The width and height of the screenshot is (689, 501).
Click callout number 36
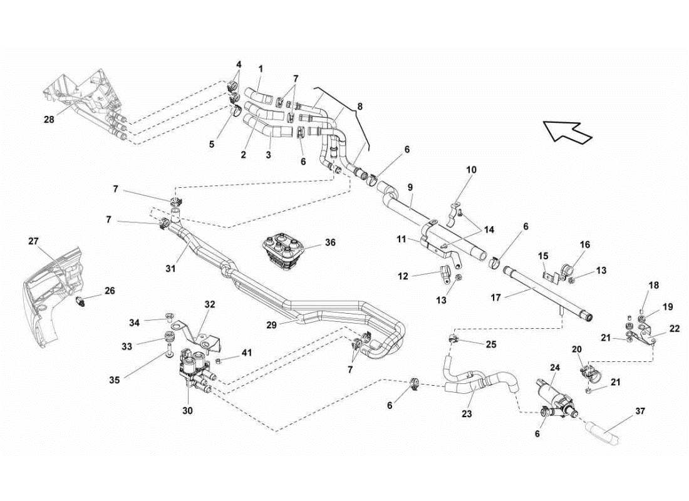point(330,242)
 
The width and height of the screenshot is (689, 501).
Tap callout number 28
point(48,118)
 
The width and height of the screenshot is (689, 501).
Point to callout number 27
point(33,240)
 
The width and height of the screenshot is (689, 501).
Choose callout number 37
point(640,411)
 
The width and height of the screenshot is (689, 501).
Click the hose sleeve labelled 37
point(606,433)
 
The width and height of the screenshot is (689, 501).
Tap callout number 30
point(188,411)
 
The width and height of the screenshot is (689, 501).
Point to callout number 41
point(246,353)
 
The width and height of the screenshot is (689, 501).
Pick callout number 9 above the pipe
point(410,187)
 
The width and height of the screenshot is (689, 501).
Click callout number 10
point(472,170)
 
